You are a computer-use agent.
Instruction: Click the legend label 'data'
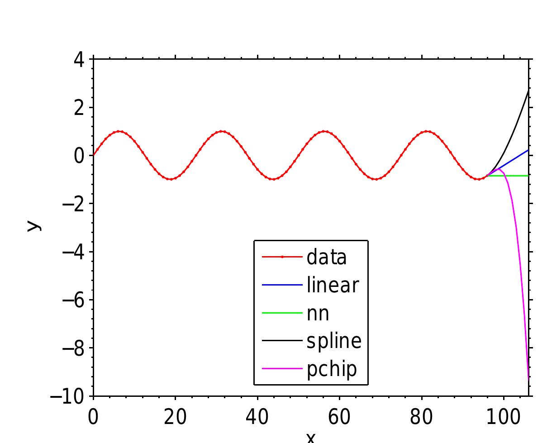click(x=326, y=257)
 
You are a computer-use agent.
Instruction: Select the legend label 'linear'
click(x=333, y=285)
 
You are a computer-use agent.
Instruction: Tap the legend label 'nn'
click(x=318, y=313)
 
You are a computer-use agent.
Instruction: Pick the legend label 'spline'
click(x=334, y=341)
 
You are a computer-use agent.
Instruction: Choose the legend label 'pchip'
click(x=332, y=369)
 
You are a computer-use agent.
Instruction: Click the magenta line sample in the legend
click(x=282, y=369)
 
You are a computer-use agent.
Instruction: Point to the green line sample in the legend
click(x=282, y=313)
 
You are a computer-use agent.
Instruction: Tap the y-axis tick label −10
click(x=67, y=397)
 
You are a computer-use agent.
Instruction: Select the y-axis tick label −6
click(x=73, y=300)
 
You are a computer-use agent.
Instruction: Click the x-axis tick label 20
click(x=175, y=417)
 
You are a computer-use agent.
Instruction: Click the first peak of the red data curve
click(x=119, y=131)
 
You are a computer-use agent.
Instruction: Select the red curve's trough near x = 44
click(x=273, y=179)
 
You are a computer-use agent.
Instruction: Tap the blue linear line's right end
click(x=528, y=150)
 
